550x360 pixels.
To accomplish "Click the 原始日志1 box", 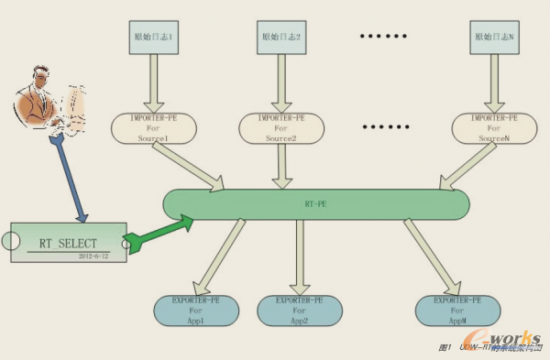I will click(151, 38).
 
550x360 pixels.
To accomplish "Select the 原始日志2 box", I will click(280, 38).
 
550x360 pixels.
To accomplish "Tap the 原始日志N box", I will click(496, 38).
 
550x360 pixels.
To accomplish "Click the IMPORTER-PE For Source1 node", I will click(154, 128).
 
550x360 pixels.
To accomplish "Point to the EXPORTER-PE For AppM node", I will click(458, 311).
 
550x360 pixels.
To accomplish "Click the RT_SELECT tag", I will click(69, 243).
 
